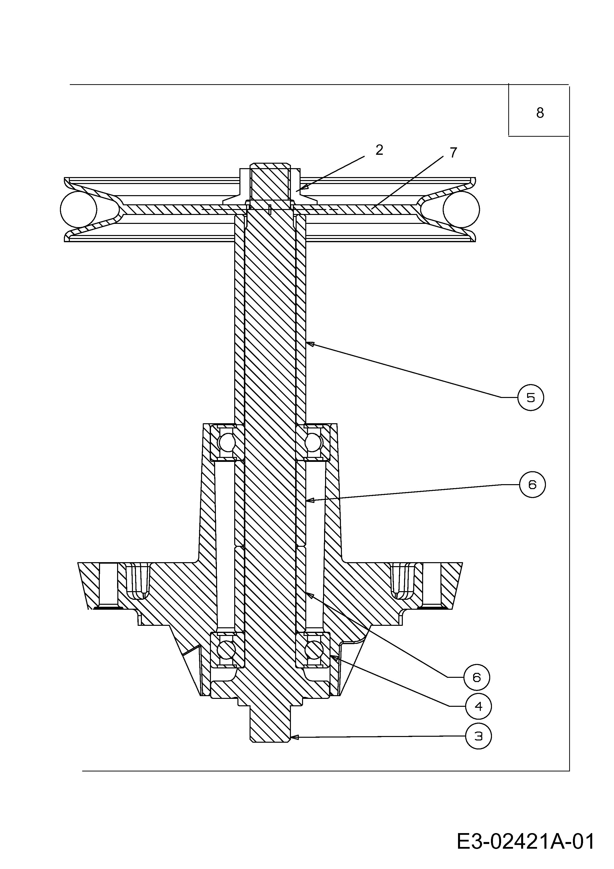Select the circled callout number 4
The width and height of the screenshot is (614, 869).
point(479,706)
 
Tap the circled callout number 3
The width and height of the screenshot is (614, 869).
point(479,736)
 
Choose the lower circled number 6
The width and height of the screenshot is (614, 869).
point(477,677)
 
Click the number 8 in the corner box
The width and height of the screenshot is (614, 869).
point(540,113)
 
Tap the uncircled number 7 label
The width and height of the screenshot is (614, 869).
point(453,153)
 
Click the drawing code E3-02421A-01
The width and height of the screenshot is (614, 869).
point(525,831)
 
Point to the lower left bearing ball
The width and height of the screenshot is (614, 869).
point(227,651)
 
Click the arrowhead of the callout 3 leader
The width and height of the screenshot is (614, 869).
point(294,737)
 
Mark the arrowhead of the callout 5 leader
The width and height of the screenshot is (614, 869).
point(309,344)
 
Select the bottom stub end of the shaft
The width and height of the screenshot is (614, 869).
point(270,725)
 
